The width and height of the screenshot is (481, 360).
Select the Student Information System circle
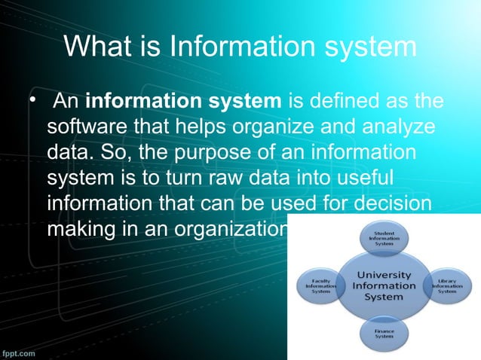tap(384, 239)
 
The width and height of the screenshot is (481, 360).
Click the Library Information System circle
tap(448, 286)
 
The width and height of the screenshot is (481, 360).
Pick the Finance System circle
tap(384, 332)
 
